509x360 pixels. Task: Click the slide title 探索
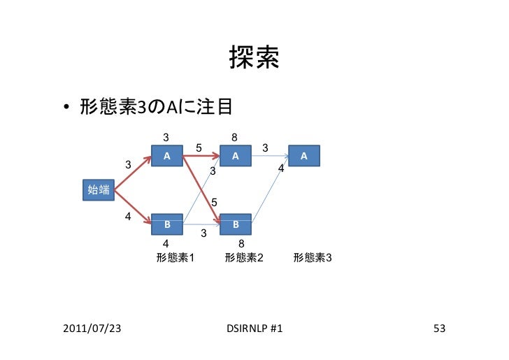point(254,59)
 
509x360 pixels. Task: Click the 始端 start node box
point(97,189)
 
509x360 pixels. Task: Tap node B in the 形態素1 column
point(167,224)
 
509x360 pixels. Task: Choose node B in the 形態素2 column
point(236,224)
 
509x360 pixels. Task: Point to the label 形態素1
point(175,257)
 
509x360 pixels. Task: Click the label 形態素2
point(243,257)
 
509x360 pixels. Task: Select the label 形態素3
point(313,257)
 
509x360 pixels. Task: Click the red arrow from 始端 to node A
point(133,173)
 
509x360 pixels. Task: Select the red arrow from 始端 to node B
point(133,207)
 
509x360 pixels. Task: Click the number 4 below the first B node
point(166,243)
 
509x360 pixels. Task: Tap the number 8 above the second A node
point(235,138)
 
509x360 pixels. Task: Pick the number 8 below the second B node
point(241,243)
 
